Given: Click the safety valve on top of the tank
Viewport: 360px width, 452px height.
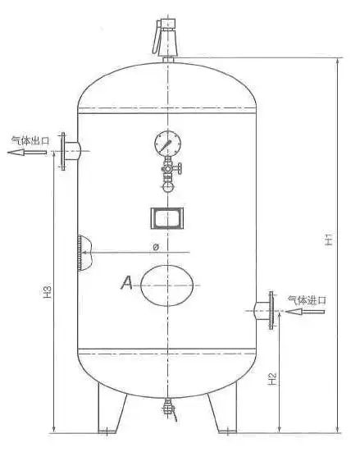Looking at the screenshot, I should pyautogui.click(x=168, y=34).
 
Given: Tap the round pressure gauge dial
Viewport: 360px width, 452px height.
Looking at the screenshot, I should pyautogui.click(x=167, y=144).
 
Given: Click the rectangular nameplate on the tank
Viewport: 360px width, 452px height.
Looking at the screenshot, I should pyautogui.click(x=167, y=219).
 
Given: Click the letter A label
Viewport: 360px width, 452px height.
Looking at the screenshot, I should pyautogui.click(x=127, y=283).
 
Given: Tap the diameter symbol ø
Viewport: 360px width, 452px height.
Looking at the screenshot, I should pyautogui.click(x=155, y=246).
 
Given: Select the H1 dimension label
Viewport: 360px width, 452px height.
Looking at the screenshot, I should pyautogui.click(x=327, y=240).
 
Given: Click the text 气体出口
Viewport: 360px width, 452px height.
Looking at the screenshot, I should pyautogui.click(x=30, y=141).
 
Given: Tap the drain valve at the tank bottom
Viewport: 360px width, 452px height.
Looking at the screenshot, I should pyautogui.click(x=169, y=405).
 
